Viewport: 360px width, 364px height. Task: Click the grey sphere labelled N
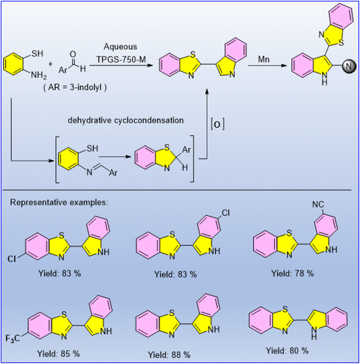[349, 66]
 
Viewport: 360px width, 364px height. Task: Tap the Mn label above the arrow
[263, 60]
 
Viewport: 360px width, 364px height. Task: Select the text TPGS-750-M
[121, 60]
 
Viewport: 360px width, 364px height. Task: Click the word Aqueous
[120, 46]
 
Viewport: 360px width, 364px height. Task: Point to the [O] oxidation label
[218, 125]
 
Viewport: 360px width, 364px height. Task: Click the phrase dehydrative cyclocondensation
[126, 120]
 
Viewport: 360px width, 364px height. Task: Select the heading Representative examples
[59, 203]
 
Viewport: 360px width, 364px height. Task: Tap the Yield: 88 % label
[169, 354]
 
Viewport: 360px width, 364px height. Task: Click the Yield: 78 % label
[293, 273]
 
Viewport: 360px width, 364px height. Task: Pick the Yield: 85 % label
[58, 354]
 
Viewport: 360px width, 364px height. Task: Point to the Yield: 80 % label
[287, 351]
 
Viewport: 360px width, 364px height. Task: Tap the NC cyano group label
[318, 205]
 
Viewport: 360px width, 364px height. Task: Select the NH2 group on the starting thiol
[39, 76]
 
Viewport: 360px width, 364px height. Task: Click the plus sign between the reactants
[50, 64]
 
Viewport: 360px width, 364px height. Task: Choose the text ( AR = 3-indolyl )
[75, 87]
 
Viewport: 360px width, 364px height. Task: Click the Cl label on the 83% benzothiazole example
[11, 259]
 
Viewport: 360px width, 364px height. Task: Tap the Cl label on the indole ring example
[225, 213]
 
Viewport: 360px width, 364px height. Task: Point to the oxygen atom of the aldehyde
[73, 55]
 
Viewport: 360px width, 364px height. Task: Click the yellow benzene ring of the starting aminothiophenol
[14, 64]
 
